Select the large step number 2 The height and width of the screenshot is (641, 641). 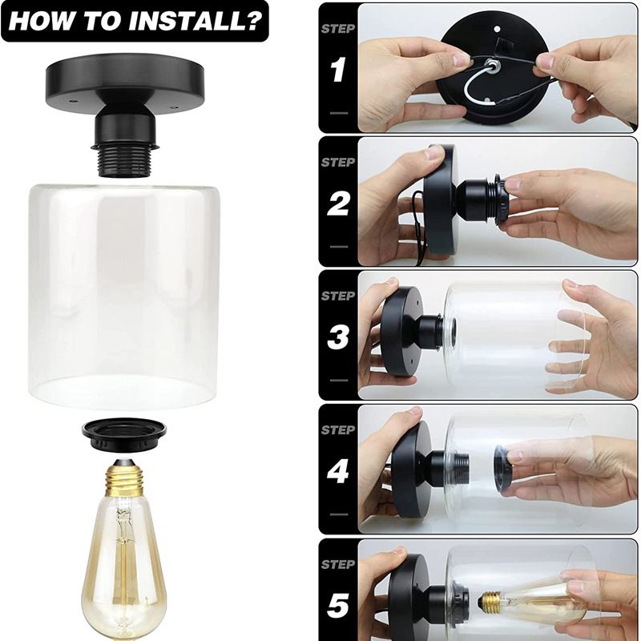(337, 205)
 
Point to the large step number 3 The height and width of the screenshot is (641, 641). (337, 338)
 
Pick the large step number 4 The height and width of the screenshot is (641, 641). (337, 471)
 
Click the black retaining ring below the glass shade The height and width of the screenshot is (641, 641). (124, 431)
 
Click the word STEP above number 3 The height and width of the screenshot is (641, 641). (337, 296)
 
